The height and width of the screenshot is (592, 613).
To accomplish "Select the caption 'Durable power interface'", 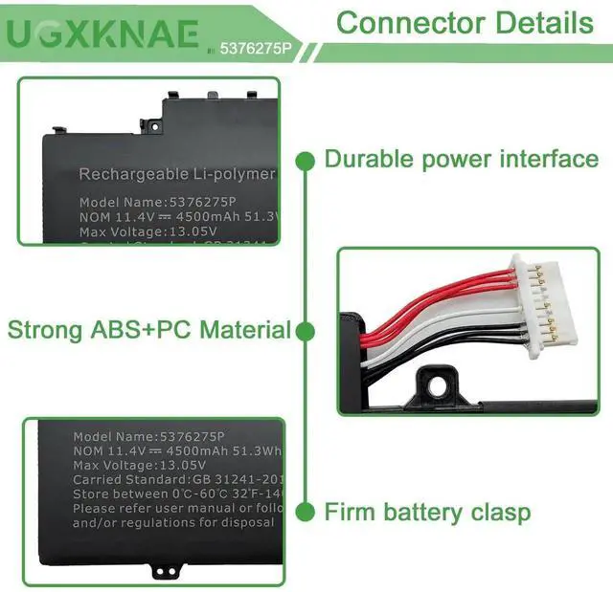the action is (x=461, y=159).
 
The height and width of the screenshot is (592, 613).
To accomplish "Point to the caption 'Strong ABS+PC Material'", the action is (x=148, y=331).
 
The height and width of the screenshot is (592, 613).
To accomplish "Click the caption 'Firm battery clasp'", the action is (x=427, y=513).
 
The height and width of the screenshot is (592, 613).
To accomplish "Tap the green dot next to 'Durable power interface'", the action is (x=306, y=160).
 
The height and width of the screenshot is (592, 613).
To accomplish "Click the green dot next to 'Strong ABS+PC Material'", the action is (x=306, y=331).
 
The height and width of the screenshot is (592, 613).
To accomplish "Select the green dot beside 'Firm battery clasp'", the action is (x=306, y=513).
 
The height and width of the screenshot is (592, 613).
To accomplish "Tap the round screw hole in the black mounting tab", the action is (x=442, y=383).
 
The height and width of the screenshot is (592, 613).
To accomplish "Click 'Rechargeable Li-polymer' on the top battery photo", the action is (x=176, y=174).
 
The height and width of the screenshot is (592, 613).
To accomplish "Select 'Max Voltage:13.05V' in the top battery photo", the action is (x=148, y=230).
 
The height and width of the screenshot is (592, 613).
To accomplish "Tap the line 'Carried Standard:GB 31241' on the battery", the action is (x=173, y=480).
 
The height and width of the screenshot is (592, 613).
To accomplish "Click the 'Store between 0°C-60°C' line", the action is (x=173, y=494).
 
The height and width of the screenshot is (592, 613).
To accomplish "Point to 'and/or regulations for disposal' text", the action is (x=172, y=523).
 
